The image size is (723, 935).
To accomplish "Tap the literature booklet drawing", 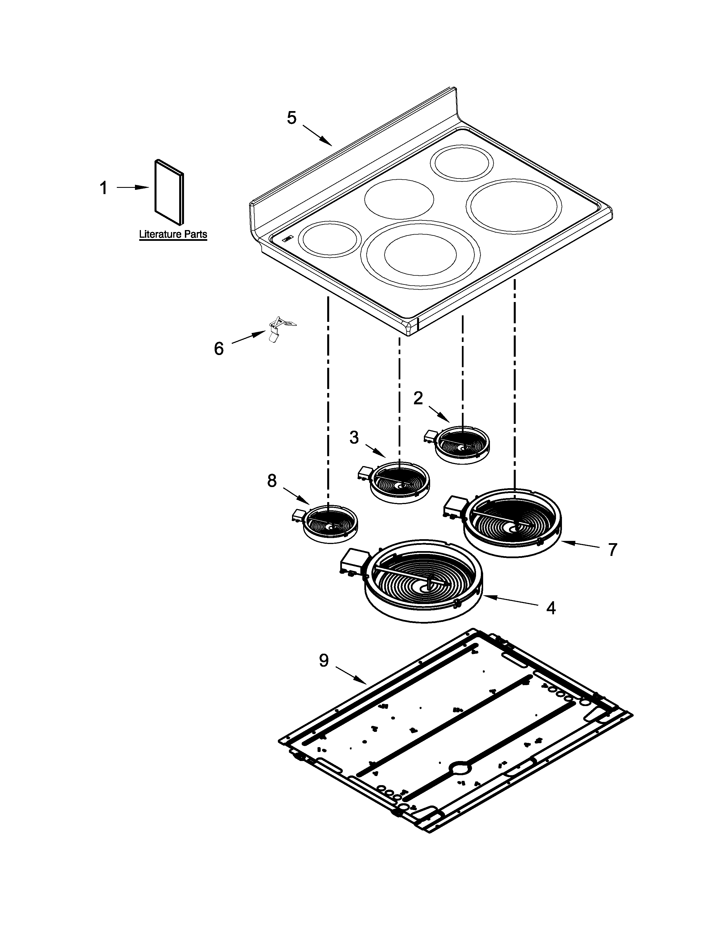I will pos(169,192).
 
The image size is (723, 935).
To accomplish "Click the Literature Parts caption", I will pos(173,235).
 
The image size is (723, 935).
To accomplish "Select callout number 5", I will pos(292,118).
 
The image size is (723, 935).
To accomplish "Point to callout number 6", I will pos(219,349).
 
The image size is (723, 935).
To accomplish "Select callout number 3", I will pos(354,437).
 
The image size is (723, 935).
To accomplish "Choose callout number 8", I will pos(272,481).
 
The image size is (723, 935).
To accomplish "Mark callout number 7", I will pos(613,549).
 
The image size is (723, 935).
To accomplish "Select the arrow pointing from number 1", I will pos(133,188).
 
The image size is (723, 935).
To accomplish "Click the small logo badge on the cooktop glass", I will pos(287,239).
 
